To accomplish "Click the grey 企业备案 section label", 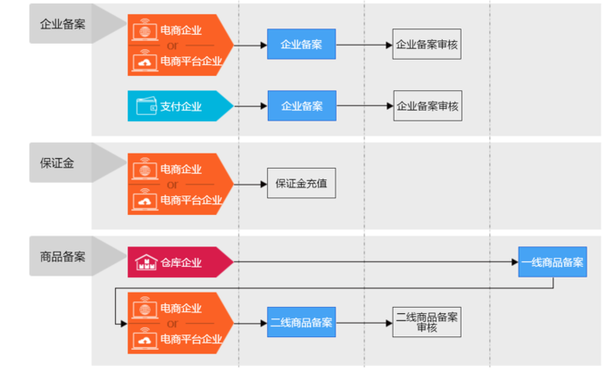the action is tap(62, 24).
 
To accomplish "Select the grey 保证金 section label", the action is tap(57, 162).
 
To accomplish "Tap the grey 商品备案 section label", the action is tap(62, 256).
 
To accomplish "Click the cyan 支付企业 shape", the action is tap(180, 106).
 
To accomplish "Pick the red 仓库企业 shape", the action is tap(180, 262).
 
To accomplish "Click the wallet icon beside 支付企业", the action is tap(146, 106).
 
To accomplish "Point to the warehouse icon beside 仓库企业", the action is tap(146, 262).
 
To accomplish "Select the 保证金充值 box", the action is tap(301, 183).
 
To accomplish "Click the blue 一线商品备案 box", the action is tap(553, 262).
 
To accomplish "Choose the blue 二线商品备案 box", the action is tap(301, 323).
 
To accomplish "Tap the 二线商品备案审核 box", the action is tap(427, 323).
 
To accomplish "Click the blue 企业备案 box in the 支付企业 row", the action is tap(302, 106).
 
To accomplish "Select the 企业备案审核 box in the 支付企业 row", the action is tap(428, 106).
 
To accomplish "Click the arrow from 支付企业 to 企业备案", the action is tap(251, 106).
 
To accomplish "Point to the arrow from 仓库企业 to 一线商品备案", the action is tap(376, 262).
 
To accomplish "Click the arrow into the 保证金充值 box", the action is tap(251, 184).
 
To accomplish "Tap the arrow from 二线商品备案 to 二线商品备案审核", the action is tap(364, 323).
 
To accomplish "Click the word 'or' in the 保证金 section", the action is tap(172, 185).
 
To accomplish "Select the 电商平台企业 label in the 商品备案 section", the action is tap(191, 339).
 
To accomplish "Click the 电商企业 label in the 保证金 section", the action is tap(181, 169).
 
